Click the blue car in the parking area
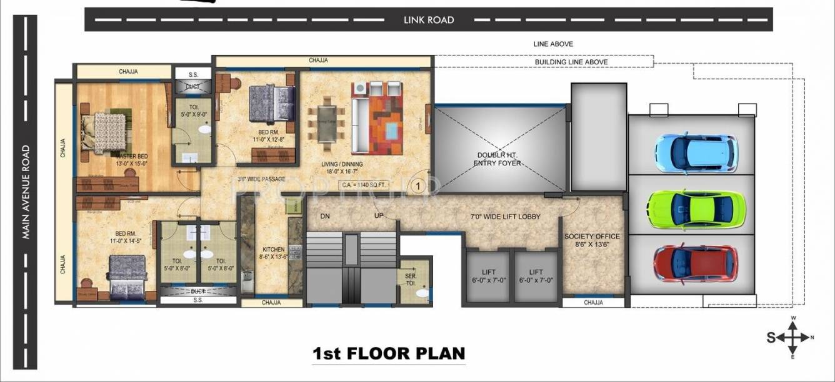tap(696, 152)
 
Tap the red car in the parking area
tap(696, 265)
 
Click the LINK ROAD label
tap(429, 20)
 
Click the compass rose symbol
tap(792, 338)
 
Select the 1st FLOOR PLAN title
tap(389, 353)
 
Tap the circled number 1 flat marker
tap(418, 185)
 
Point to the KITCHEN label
tap(274, 249)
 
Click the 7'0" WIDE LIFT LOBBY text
tap(506, 217)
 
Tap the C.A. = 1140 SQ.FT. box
tap(364, 185)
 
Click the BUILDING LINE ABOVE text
tap(571, 62)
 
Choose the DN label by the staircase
tap(325, 217)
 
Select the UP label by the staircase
tap(378, 216)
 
